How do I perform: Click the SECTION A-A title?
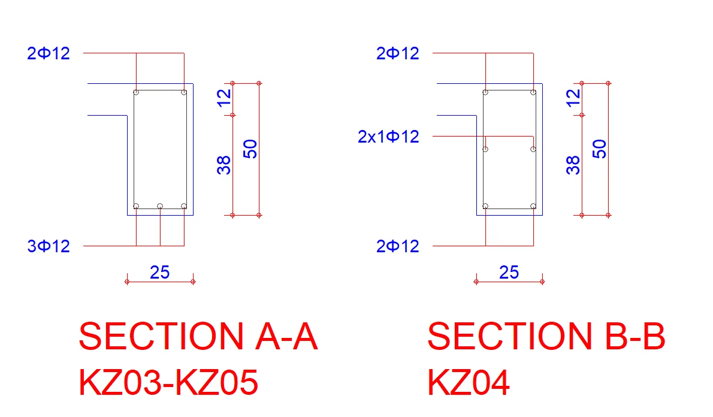tap(198, 336)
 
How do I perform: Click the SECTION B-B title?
tap(546, 336)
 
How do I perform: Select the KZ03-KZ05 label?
tap(168, 382)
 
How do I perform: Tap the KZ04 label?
tap(469, 382)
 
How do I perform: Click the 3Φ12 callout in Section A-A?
tap(49, 246)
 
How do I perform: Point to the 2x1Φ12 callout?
tap(388, 137)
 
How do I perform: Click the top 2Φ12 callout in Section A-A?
tap(49, 53)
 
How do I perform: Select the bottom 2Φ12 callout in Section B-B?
tap(398, 246)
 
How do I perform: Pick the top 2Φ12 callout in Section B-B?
tap(398, 53)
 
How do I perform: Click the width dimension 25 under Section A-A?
tap(159, 273)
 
